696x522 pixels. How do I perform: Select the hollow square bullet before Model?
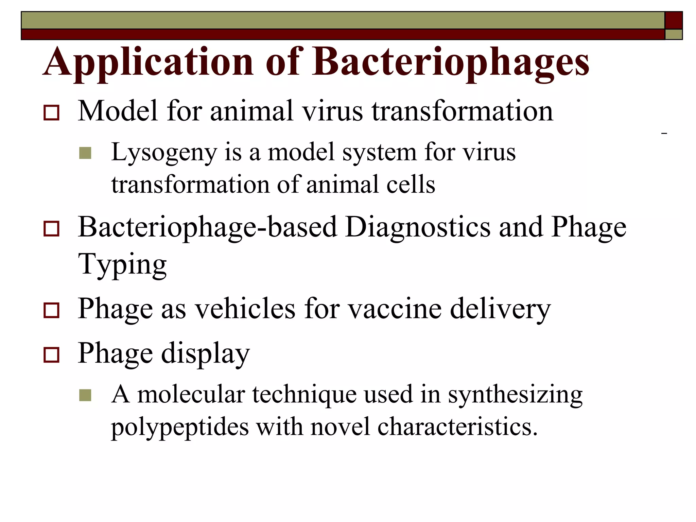point(51,113)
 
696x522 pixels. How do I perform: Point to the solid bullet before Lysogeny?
point(85,153)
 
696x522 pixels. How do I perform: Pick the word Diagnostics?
point(418,227)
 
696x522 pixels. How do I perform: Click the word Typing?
point(122,265)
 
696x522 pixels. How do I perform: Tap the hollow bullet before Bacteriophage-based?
point(51,229)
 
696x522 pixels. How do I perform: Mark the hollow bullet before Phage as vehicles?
point(51,310)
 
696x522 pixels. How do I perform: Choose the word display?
point(205,353)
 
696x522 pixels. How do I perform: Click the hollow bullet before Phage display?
point(51,355)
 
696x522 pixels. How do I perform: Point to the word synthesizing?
point(515,395)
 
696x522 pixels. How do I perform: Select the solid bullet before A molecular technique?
point(85,395)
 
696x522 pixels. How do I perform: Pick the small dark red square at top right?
point(674,20)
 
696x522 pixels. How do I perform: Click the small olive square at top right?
point(674,34)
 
